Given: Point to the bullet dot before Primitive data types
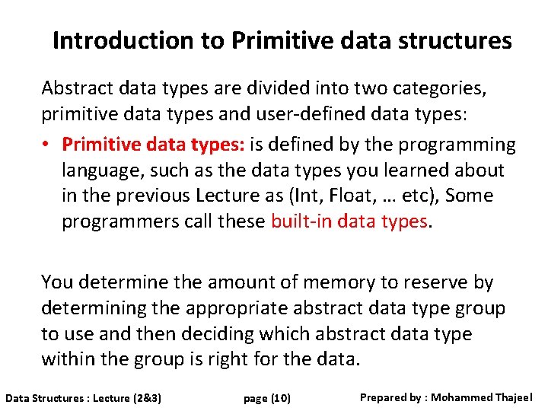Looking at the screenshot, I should (47, 145).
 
